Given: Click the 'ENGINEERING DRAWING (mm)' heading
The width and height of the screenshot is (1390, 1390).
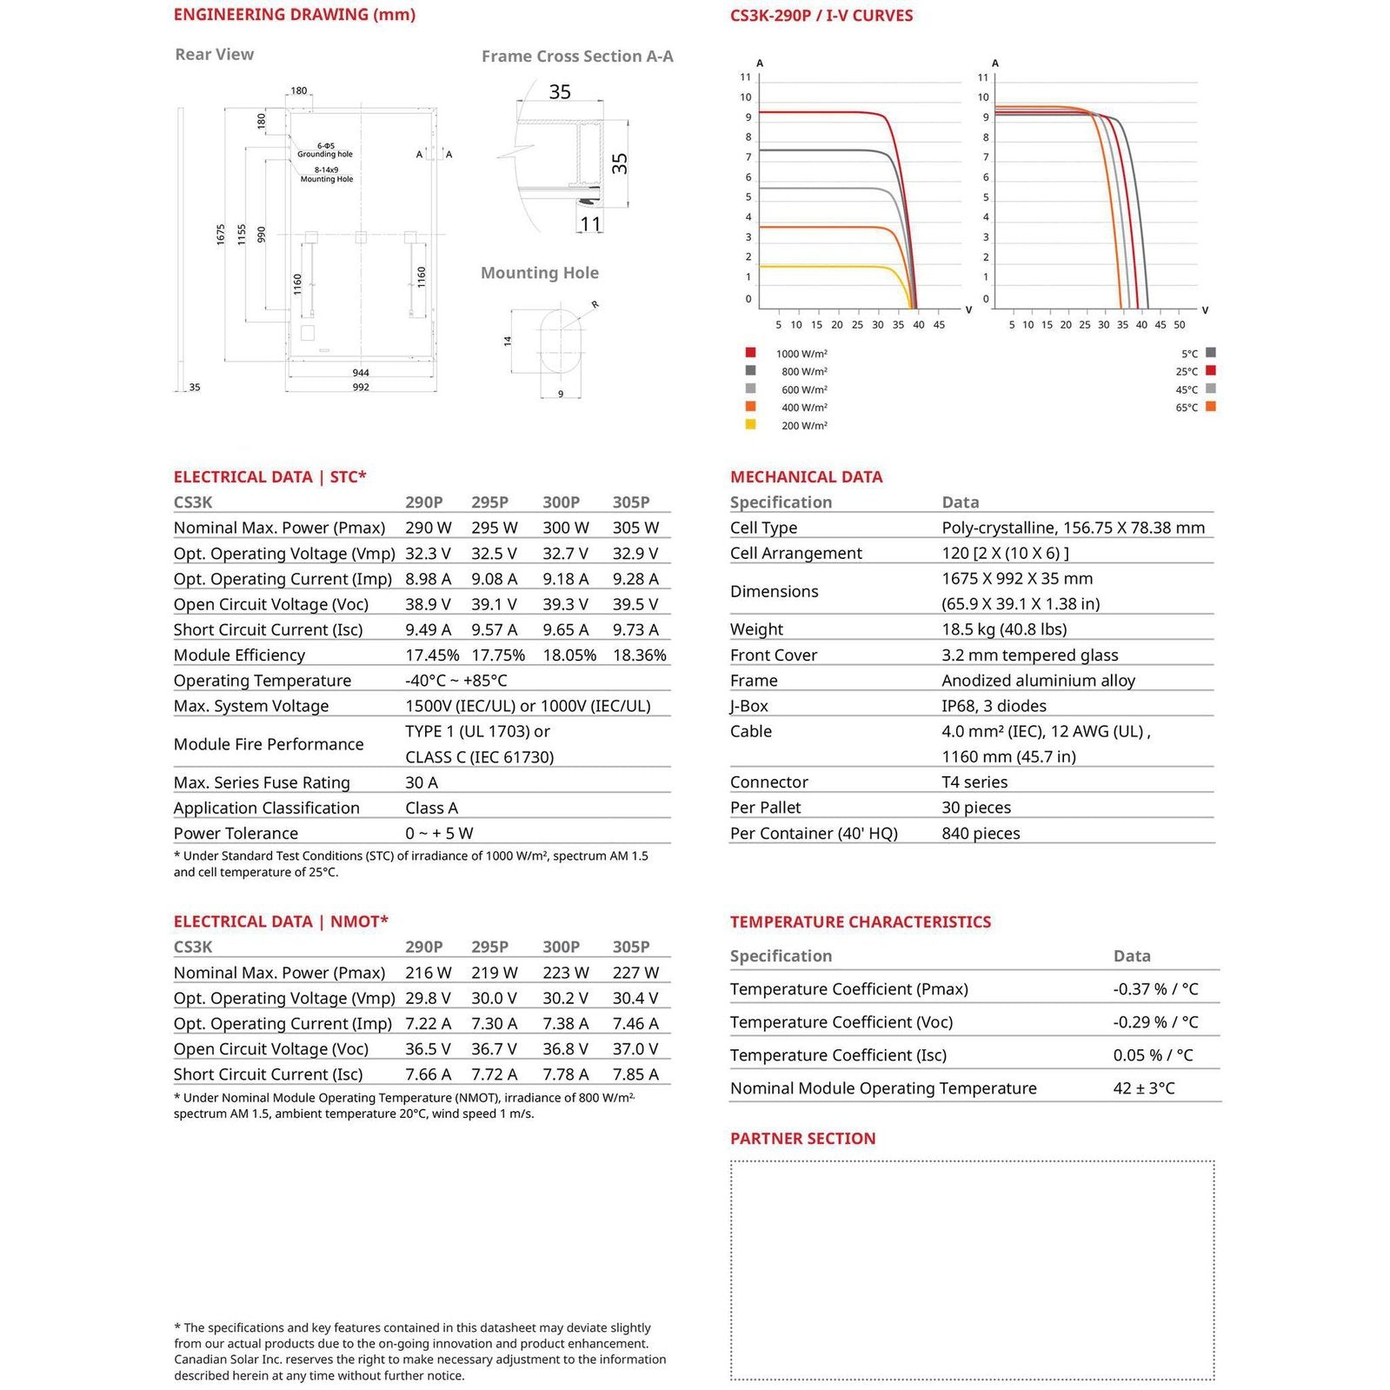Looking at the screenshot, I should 294,15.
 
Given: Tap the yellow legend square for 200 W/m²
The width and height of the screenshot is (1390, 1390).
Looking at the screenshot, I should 750,424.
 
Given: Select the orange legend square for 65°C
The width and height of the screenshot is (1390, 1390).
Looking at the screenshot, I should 1210,406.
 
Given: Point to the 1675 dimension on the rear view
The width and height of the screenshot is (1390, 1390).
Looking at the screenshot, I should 221,234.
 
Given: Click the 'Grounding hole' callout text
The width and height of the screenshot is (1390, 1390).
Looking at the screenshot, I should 325,154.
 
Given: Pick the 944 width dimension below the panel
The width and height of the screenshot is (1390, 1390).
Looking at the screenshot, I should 361,373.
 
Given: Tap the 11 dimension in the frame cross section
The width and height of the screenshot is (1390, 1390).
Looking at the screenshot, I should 590,224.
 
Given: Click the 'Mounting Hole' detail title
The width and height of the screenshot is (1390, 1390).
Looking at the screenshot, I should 539,273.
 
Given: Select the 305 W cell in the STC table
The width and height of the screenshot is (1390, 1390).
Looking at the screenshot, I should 635,528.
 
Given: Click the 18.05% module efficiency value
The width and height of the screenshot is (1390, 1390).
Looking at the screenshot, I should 569,655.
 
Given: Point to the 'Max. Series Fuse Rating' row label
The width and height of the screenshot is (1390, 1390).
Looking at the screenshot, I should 262,782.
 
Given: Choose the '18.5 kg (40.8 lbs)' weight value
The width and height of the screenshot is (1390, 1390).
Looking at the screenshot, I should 1004,629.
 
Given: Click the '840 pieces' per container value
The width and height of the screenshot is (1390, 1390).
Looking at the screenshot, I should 981,834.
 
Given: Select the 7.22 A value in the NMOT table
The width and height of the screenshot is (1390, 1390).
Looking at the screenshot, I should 428,1024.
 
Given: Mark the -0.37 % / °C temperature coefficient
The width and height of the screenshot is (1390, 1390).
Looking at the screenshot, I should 1155,989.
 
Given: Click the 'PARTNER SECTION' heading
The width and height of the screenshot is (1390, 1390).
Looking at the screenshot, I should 802,1139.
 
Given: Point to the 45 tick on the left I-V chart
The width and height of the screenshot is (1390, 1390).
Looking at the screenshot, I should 939,325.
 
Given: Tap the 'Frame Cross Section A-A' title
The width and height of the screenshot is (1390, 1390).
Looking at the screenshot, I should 577,57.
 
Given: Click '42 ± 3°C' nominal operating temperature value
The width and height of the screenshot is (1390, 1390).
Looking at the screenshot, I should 1143,1088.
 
